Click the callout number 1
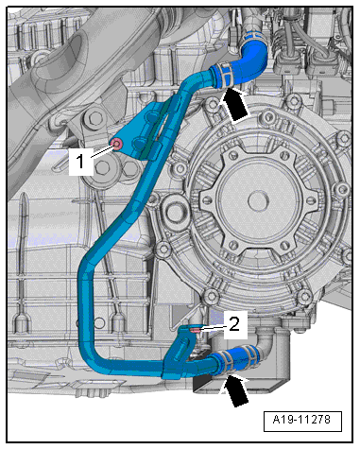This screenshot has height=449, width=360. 80,161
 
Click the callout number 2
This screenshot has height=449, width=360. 234,324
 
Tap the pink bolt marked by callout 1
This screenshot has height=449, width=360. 117,145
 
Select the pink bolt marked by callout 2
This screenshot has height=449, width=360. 196,330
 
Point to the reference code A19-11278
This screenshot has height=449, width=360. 301,420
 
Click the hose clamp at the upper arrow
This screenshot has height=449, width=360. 224,75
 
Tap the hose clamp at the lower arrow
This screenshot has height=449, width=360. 225,362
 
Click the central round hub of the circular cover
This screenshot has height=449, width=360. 259,199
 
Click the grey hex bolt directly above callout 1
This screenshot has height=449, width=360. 94,119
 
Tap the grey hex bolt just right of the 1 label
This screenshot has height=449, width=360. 102,168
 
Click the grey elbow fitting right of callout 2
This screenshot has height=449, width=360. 267,339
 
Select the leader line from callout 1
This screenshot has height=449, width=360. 101,151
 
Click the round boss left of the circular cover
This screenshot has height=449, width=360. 173,209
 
